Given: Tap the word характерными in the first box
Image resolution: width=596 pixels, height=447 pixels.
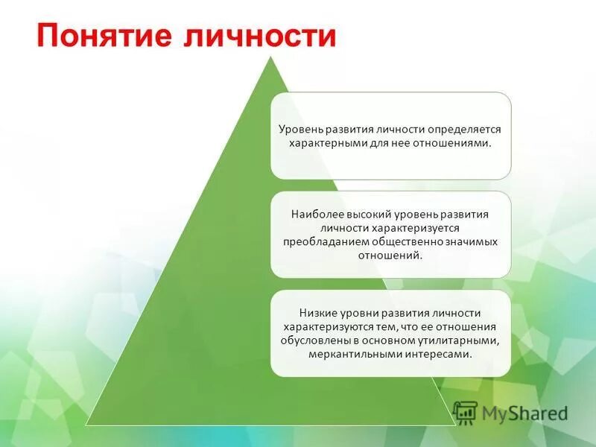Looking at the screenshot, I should pyautogui.click(x=323, y=143).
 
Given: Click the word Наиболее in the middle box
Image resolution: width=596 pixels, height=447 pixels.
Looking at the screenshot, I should pyautogui.click(x=314, y=214).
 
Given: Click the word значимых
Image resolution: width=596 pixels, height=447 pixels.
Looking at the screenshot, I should pyautogui.click(x=472, y=242).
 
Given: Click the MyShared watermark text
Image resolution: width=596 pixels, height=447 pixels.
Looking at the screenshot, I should pyautogui.click(x=524, y=413).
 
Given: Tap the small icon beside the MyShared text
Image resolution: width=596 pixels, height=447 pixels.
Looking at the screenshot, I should pyautogui.click(x=465, y=413).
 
